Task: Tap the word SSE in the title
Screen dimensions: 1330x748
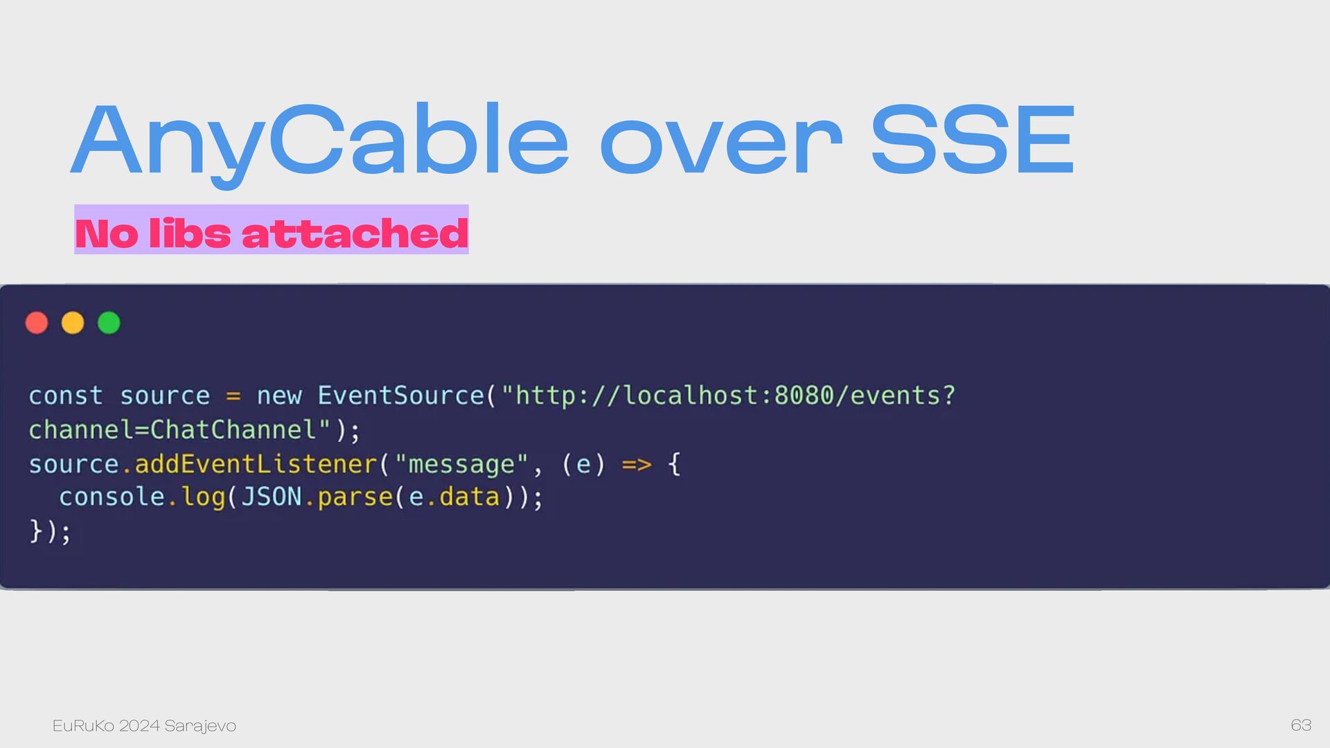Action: tap(973, 140)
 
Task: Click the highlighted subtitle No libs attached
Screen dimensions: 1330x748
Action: tap(272, 233)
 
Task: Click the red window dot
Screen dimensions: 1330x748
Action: tap(37, 323)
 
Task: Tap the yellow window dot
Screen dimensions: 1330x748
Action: tap(73, 323)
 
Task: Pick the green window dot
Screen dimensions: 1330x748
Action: tap(109, 323)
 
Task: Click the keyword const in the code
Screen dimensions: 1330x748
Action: tap(66, 395)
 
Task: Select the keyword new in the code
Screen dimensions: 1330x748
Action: tap(279, 396)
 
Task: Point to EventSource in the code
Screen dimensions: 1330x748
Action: tap(400, 395)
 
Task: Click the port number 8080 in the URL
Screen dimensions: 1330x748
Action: tap(804, 395)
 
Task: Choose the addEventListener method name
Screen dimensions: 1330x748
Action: tap(256, 464)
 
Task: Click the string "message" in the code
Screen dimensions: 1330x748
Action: tap(461, 463)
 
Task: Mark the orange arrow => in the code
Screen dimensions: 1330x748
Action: tap(637, 464)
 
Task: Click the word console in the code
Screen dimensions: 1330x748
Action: tap(112, 497)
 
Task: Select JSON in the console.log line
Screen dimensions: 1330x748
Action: tap(272, 497)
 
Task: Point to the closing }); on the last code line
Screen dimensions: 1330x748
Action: tap(50, 532)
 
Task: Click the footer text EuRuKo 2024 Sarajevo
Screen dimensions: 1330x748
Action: tap(144, 725)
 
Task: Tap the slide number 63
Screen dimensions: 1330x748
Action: tap(1301, 725)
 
